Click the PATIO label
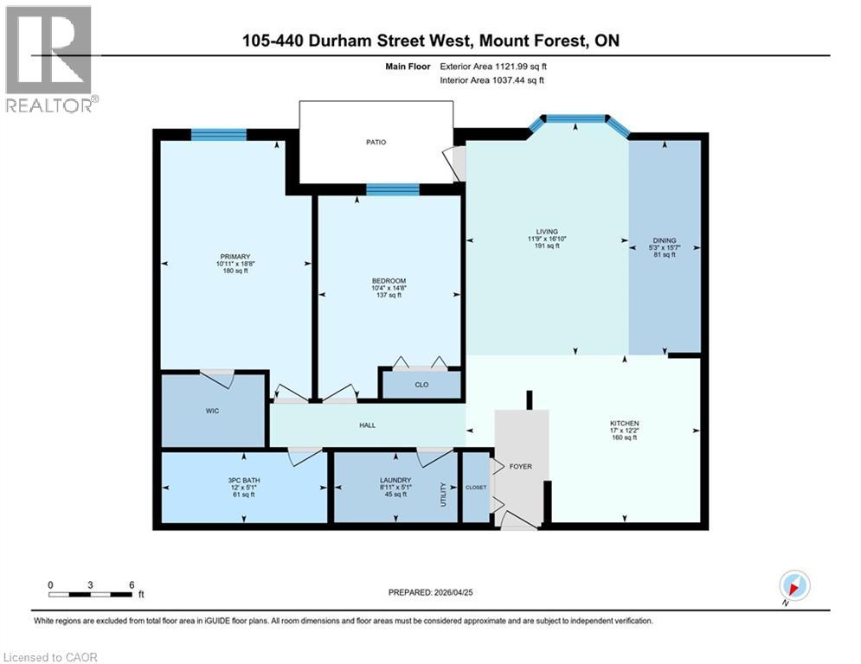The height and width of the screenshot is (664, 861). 375,142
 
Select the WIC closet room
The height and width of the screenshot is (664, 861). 212,411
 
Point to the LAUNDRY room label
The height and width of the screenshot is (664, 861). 395,480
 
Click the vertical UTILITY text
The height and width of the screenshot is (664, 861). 443,495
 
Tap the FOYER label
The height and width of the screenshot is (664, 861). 520,467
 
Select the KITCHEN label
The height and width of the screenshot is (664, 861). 624,424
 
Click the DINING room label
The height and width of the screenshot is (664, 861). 665,241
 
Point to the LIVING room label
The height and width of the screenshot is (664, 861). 547,232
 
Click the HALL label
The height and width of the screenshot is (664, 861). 368,425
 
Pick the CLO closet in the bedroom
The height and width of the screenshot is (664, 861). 421,385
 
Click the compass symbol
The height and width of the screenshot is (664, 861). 794,585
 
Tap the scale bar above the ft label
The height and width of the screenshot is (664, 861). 90,594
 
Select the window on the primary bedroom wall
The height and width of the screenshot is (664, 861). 218,134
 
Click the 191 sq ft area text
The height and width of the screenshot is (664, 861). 547,246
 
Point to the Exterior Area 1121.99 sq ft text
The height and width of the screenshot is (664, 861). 492,66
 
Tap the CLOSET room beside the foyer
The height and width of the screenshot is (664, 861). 476,488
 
